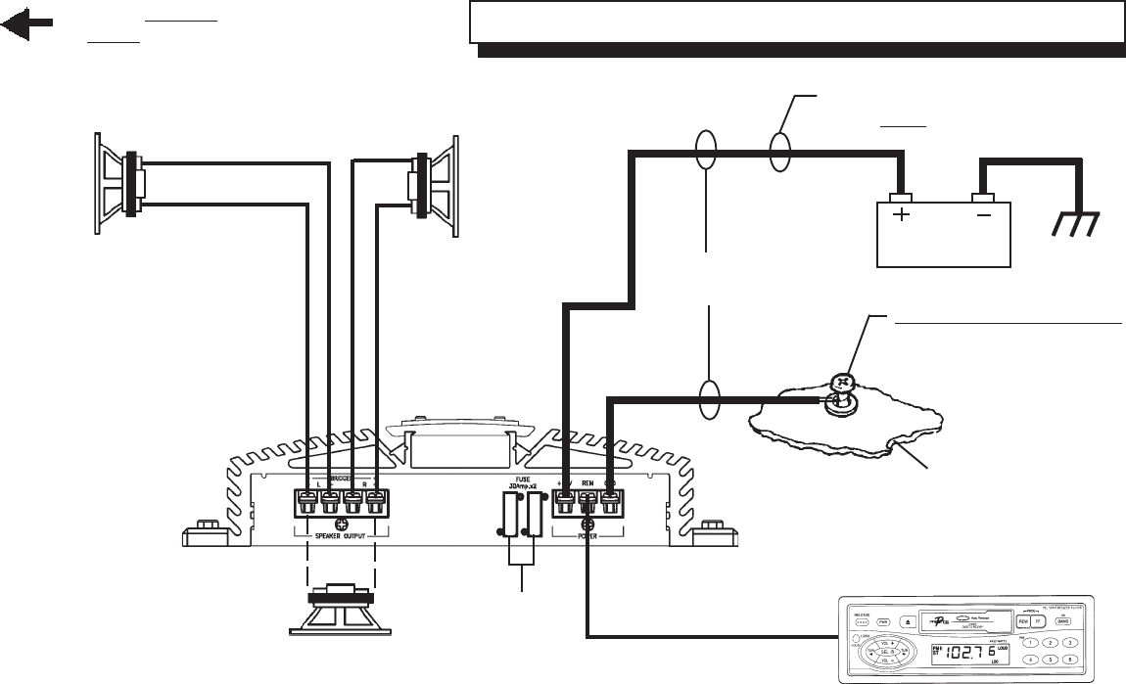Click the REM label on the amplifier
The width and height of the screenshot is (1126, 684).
[x=587, y=483]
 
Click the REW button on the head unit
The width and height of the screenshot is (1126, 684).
[x=1025, y=621]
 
